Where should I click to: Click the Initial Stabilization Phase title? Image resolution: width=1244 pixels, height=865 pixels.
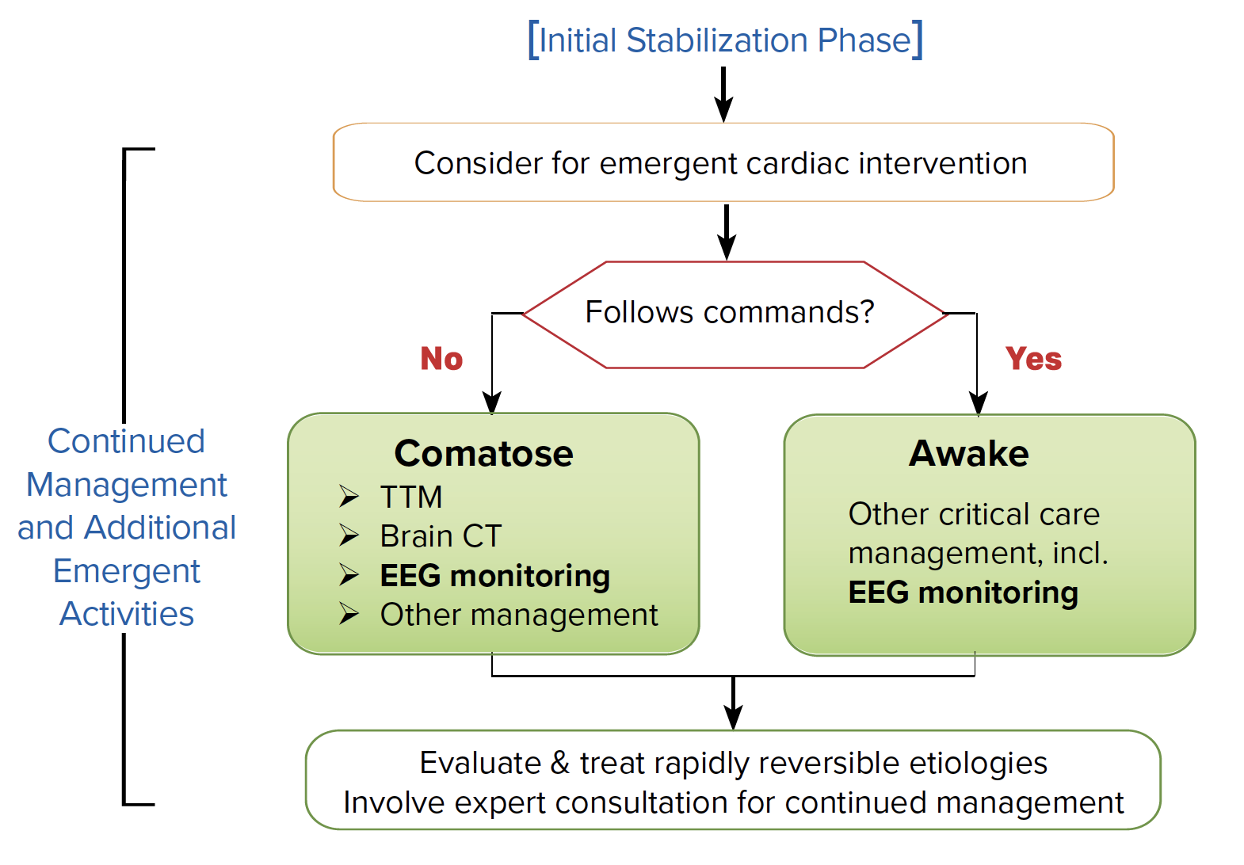point(725,40)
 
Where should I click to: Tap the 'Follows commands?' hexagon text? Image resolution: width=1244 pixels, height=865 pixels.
point(729,312)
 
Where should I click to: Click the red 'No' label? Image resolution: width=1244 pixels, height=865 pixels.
point(441,359)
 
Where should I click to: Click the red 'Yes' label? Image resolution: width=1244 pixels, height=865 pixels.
point(1033,359)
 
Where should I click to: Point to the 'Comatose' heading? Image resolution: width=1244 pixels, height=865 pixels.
point(483,453)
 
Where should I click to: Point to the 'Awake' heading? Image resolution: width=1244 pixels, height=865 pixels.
point(968,453)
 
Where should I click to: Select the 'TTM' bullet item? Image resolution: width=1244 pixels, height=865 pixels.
point(410,497)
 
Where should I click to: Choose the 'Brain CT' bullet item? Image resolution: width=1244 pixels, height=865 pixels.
point(441,536)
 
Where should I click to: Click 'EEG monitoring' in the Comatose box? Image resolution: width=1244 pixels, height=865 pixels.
point(494,576)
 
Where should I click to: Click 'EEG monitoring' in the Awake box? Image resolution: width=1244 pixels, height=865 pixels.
point(963,593)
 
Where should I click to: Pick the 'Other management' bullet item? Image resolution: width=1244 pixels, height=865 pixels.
point(518,615)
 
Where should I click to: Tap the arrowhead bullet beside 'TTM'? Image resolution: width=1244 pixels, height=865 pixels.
point(349,497)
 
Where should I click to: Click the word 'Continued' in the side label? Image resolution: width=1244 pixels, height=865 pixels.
point(126,441)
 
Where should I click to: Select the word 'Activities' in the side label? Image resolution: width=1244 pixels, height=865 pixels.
point(127,614)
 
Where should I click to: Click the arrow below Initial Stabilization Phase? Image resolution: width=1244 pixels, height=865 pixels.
point(723,95)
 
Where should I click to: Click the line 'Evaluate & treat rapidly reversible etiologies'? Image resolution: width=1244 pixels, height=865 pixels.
point(733,763)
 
